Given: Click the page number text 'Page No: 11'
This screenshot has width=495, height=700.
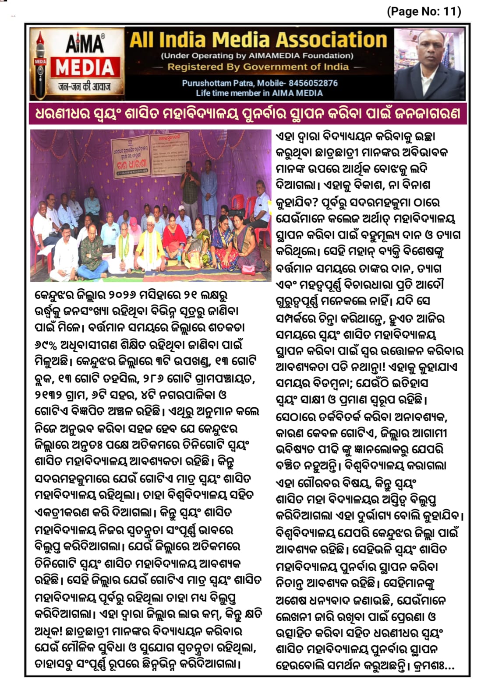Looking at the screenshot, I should click(424, 11).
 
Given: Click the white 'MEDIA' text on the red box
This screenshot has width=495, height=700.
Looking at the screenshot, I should click(85, 68).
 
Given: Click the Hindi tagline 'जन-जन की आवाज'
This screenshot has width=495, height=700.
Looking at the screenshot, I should click(85, 87).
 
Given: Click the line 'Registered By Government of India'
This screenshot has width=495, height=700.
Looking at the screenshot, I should click(258, 67).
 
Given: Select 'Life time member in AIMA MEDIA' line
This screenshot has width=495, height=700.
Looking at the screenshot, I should click(259, 93).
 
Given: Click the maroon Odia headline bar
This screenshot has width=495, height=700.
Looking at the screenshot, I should click(247, 114).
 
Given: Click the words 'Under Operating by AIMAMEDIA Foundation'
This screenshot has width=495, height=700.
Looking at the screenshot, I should click(258, 56).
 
